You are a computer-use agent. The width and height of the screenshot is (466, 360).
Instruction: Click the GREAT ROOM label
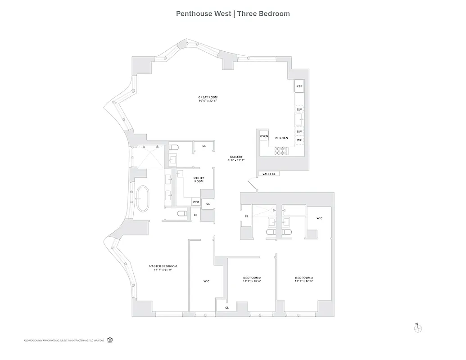tap(208, 97)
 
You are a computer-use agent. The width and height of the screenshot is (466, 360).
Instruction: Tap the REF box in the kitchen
tap(299, 86)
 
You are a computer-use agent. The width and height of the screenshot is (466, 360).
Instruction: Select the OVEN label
tap(264, 136)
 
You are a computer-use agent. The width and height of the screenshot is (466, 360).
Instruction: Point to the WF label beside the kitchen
tap(299, 140)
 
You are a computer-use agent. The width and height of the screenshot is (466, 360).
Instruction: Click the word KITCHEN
tap(281, 138)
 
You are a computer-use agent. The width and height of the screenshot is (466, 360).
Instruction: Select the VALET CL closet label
tap(267, 174)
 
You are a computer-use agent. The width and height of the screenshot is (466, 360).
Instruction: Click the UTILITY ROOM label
tap(199, 180)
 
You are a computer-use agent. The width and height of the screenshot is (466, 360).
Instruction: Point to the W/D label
tap(196, 202)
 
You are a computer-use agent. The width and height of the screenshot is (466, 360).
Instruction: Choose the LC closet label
tap(196, 215)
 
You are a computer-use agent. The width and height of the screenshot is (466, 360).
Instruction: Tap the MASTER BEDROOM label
tap(163, 266)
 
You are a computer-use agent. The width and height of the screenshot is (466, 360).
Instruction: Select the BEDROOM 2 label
tap(252, 278)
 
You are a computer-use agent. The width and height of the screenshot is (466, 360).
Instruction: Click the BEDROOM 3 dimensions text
tap(304, 281)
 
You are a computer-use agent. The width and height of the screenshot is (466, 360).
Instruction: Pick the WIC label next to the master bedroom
tap(206, 281)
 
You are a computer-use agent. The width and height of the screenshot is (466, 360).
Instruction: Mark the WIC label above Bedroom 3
tap(319, 218)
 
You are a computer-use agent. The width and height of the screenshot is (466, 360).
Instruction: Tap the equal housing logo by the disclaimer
tap(110, 340)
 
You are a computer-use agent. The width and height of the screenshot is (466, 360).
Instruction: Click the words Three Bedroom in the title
tap(263, 13)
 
